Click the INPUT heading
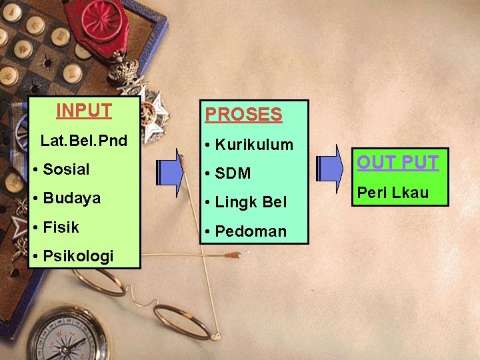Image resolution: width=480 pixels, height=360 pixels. [x=84, y=110]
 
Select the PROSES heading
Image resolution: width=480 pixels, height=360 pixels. [x=243, y=115]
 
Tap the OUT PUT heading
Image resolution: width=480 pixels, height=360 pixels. [x=397, y=163]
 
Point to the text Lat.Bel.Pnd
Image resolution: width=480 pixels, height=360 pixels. [x=84, y=141]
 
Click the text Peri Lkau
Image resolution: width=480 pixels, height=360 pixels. [x=393, y=193]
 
